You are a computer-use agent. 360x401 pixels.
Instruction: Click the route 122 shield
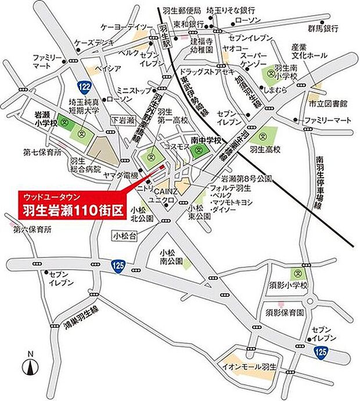coord(85,87)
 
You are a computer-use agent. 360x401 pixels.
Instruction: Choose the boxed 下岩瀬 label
coord(123,119)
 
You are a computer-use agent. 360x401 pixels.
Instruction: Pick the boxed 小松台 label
coord(125,235)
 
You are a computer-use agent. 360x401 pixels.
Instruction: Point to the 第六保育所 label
coord(29,230)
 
